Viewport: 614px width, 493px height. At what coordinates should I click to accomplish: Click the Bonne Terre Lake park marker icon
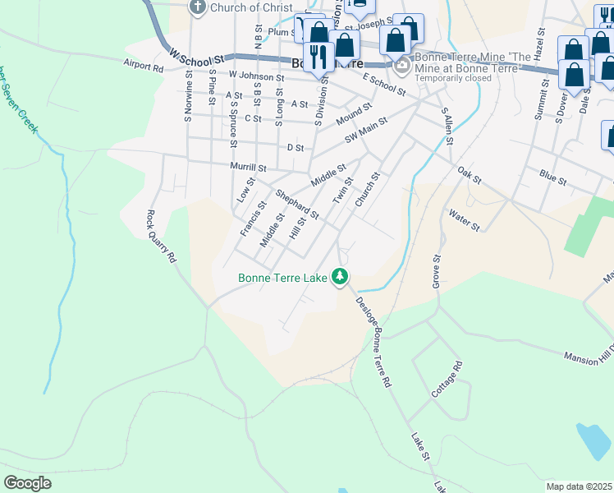point(340,277)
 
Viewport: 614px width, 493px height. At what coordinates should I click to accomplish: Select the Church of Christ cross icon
point(197,8)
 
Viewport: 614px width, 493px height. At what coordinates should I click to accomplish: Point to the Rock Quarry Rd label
point(162,236)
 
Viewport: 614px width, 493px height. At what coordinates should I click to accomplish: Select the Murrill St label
point(249,168)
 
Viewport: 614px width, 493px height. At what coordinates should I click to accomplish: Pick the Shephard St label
point(296,205)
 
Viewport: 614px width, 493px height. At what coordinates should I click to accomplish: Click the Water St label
point(464,219)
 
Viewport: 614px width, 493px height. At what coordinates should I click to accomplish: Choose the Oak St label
point(469,174)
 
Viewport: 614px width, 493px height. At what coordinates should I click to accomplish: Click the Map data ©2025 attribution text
point(580,486)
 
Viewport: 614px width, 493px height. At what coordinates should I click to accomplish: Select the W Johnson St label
point(256,76)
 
